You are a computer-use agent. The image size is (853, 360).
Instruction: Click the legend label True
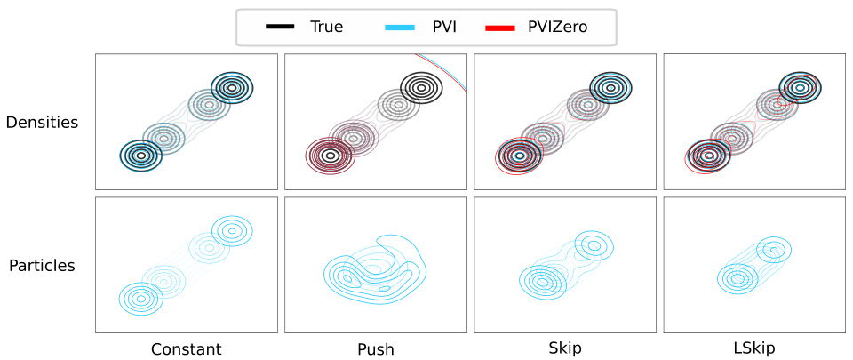[326, 28]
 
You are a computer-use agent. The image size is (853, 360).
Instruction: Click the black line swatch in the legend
[281, 28]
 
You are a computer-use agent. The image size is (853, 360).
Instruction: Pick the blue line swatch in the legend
[400, 28]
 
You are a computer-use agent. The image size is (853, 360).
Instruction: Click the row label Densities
[42, 122]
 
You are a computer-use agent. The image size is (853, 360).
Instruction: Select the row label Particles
[42, 265]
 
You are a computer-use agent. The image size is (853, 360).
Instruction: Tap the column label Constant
[186, 348]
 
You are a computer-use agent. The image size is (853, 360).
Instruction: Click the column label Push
[375, 348]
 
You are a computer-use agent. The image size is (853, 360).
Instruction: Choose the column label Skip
[566, 348]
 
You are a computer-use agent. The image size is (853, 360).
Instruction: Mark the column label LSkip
[754, 348]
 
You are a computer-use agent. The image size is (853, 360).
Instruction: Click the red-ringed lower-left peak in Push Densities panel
[330, 156]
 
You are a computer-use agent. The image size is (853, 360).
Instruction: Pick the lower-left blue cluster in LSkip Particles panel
[737, 278]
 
